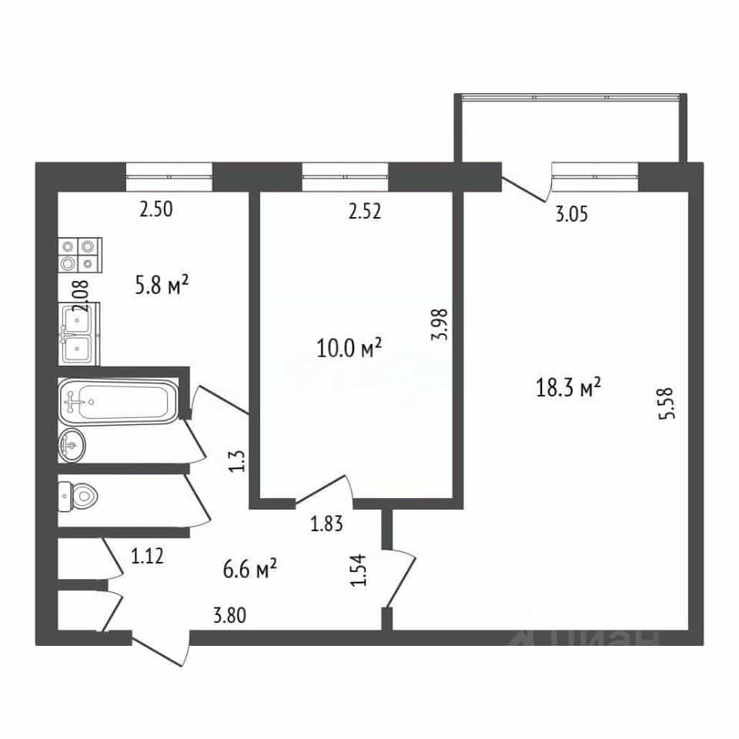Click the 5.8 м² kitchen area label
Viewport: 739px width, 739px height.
(162, 285)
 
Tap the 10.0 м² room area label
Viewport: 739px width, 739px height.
(349, 349)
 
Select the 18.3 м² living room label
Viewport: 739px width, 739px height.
(568, 388)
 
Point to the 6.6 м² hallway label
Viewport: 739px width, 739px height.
(249, 569)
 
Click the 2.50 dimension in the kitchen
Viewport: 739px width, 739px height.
(156, 209)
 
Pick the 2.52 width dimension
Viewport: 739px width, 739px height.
(364, 211)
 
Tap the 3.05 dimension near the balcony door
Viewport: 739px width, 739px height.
(572, 215)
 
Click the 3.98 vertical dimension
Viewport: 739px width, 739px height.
(443, 324)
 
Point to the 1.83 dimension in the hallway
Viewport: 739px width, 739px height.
(326, 523)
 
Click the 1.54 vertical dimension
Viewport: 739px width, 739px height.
(358, 570)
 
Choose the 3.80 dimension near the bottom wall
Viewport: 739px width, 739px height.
(229, 616)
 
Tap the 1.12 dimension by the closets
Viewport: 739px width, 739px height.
(147, 557)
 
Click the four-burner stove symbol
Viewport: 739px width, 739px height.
(79, 255)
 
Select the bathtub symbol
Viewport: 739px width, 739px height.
(119, 400)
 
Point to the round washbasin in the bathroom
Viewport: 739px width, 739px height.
(72, 445)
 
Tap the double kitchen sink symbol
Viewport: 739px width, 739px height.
(79, 333)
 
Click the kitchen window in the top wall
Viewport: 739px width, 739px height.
(169, 177)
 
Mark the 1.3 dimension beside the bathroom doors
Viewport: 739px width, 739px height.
(238, 461)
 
